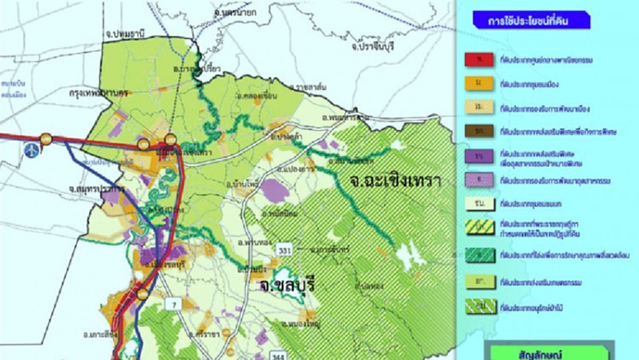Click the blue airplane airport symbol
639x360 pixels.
(29, 150)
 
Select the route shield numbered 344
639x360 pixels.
(277, 353)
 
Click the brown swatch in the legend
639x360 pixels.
(478, 131)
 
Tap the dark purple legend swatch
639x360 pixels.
(478, 156)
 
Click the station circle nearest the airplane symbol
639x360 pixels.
(47, 139)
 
